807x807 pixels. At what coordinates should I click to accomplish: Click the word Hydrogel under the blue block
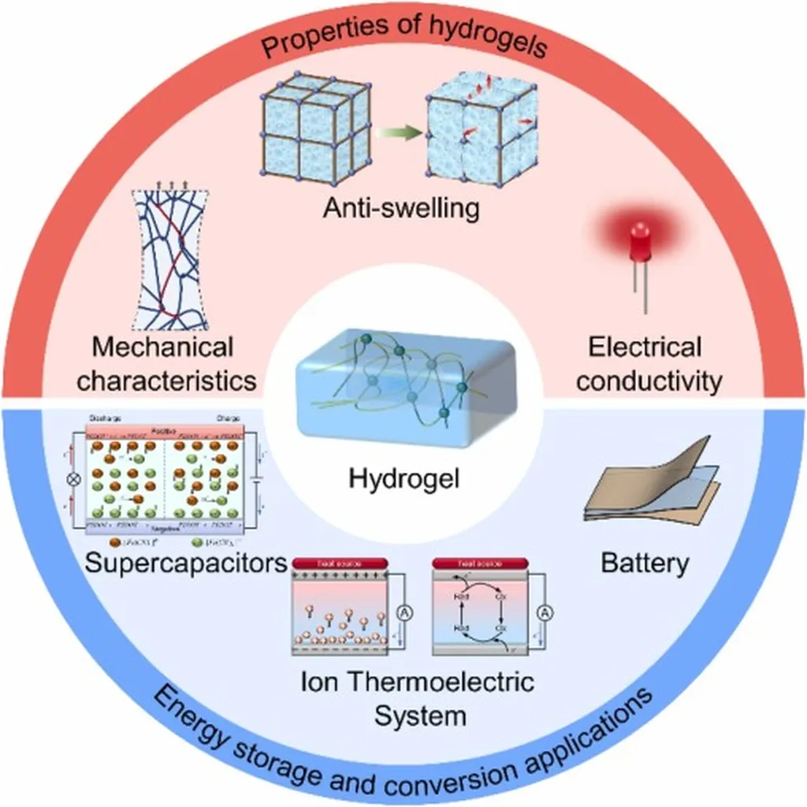pyautogui.click(x=403, y=478)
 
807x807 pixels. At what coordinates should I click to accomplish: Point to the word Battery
pyautogui.click(x=645, y=563)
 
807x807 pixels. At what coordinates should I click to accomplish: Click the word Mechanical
pyautogui.click(x=163, y=348)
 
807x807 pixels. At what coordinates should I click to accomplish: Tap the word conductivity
pyautogui.click(x=644, y=381)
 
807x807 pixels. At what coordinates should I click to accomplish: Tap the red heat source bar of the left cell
pyautogui.click(x=340, y=563)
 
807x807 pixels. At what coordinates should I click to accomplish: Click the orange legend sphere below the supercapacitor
pyautogui.click(x=116, y=543)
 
